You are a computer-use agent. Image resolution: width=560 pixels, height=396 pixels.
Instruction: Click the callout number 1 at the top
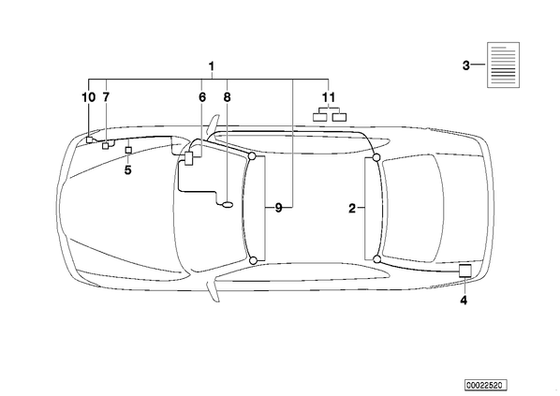point(212,66)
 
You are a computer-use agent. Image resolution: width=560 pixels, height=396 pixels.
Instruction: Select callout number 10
point(89,97)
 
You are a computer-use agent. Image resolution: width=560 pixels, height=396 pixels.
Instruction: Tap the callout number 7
point(106,97)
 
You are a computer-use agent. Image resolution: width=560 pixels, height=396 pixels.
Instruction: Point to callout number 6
point(202,97)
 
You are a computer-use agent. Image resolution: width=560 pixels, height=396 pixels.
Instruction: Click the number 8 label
point(228,97)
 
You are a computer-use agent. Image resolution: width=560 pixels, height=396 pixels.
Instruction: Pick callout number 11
point(329,97)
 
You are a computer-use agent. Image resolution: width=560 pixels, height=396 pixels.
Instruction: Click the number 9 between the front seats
point(278,208)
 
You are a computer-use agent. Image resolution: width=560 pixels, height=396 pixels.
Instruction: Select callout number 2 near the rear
point(352,208)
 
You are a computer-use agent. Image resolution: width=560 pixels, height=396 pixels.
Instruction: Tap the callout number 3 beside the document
point(465,66)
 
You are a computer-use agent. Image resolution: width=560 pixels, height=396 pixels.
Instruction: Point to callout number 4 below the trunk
point(464,300)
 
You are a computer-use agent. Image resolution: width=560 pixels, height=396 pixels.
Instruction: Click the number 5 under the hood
point(128,170)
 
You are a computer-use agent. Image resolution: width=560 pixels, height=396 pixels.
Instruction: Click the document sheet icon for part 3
point(504,65)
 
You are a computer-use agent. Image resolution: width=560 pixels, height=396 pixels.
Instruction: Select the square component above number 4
point(465,271)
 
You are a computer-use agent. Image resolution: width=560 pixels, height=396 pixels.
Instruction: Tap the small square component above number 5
point(128,150)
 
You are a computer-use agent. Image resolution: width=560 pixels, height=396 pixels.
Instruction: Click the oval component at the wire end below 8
point(228,205)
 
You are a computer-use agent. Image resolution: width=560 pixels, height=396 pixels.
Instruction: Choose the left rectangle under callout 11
point(320,117)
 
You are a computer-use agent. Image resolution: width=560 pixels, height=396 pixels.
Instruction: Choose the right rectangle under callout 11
point(339,117)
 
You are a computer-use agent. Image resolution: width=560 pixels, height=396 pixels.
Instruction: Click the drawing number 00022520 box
point(486,385)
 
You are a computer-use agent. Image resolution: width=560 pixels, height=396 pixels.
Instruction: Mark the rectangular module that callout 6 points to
point(189,158)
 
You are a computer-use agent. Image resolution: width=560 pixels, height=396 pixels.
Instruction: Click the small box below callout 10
point(89,139)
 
